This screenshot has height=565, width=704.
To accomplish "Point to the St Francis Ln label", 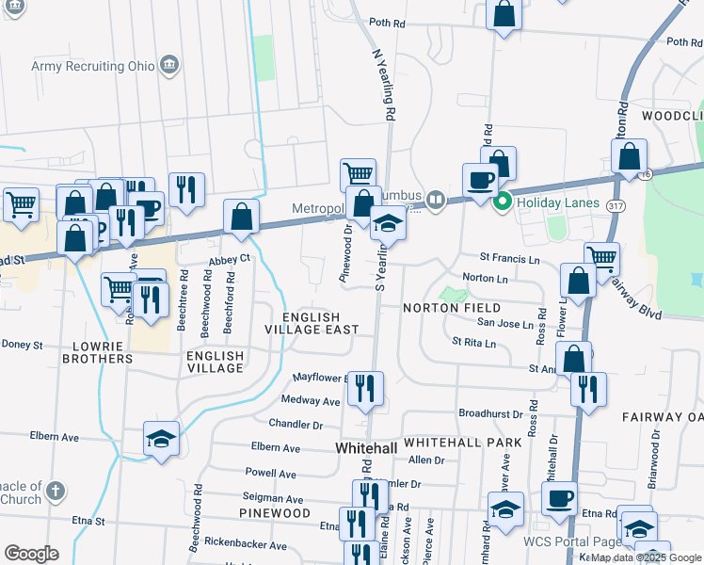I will [509, 256].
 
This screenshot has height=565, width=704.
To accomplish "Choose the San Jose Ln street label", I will [504, 323].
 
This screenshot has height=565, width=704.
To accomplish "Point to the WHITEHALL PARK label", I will [449, 442].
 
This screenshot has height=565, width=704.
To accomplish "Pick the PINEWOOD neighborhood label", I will [274, 513].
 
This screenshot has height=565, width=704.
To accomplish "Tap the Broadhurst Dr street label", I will [490, 413].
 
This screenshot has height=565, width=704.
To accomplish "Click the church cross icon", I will [56, 491].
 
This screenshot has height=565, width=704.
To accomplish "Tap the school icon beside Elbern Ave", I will [161, 439].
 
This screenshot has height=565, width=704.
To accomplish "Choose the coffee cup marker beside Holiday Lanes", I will [480, 180].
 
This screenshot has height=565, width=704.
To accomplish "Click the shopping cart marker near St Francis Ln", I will [601, 257].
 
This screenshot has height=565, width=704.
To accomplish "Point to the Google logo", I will [32, 554].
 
